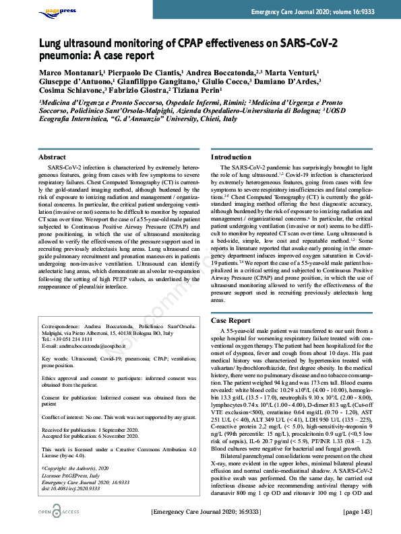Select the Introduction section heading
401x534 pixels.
[231, 157]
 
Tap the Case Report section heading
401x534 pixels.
[230, 321]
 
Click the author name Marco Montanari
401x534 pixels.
[67, 73]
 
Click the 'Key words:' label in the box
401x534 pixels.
[56, 358]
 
